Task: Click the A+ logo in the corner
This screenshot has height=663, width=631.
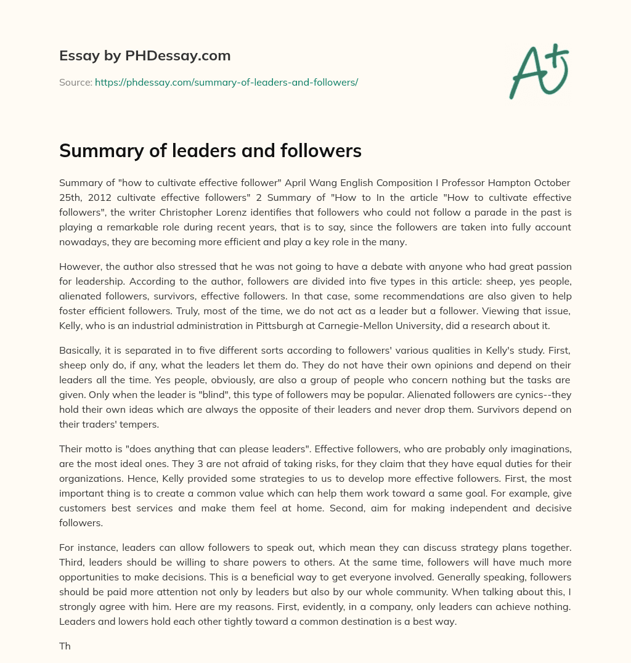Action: (x=539, y=70)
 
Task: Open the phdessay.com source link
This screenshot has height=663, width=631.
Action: (x=226, y=81)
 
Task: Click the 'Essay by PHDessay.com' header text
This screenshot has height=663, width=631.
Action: (x=145, y=55)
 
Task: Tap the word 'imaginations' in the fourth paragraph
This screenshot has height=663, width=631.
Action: (x=539, y=449)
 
